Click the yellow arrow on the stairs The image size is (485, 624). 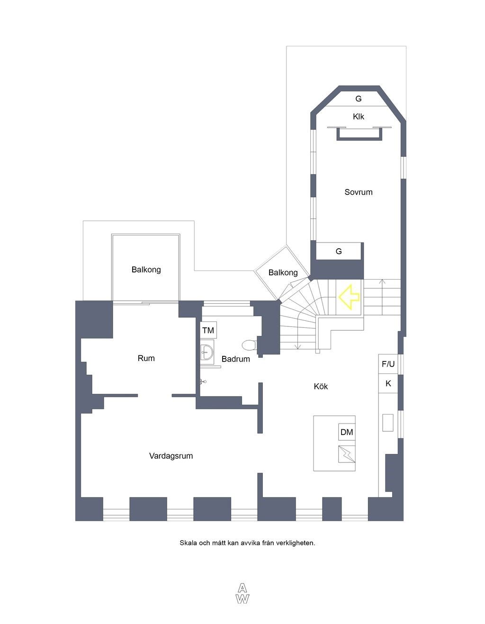pyautogui.click(x=349, y=297)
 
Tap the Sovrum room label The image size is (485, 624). pyautogui.click(x=359, y=192)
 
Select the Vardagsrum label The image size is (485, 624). pyautogui.click(x=171, y=456)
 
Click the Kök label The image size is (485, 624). pyautogui.click(x=321, y=386)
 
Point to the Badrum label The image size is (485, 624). pyautogui.click(x=235, y=359)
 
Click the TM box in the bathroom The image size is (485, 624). pyautogui.click(x=208, y=330)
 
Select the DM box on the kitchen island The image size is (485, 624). pyautogui.click(x=347, y=432)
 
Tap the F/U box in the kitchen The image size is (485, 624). pyautogui.click(x=388, y=364)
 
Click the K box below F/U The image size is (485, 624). pyautogui.click(x=388, y=383)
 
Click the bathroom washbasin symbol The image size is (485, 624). pyautogui.click(x=207, y=352)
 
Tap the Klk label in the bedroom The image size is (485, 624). pyautogui.click(x=359, y=116)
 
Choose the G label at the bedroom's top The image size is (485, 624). pyautogui.click(x=359, y=99)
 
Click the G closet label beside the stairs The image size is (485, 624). pyautogui.click(x=339, y=251)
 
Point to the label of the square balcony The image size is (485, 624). pyautogui.click(x=146, y=270)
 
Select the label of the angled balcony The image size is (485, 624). pyautogui.click(x=283, y=272)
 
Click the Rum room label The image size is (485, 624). pyautogui.click(x=146, y=358)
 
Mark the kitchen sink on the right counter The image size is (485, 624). pyautogui.click(x=388, y=423)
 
